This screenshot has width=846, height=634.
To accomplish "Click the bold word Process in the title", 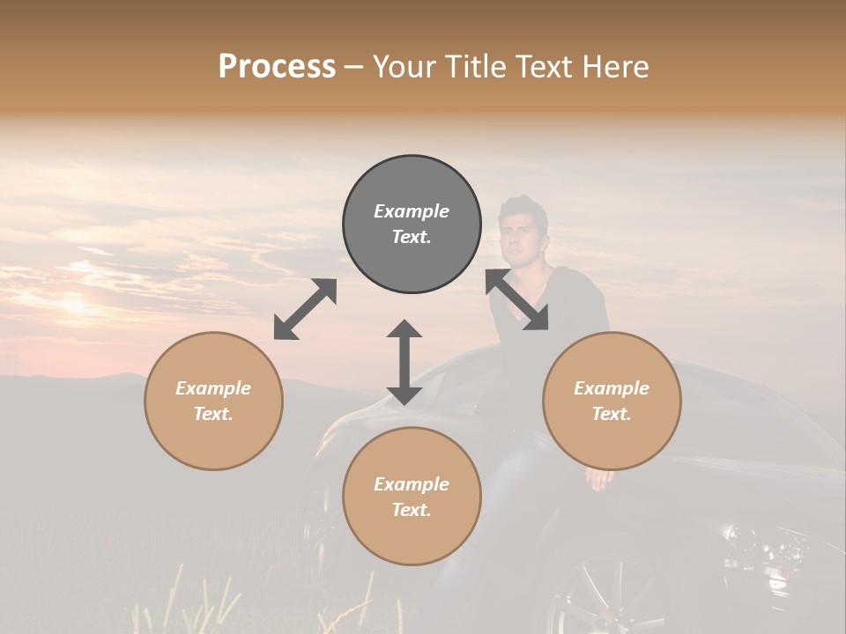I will (277, 67).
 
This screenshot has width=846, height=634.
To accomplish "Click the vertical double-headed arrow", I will (404, 363).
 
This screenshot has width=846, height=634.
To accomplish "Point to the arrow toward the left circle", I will (305, 309).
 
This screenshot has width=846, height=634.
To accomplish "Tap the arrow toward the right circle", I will (517, 300).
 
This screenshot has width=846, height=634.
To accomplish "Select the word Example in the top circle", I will (412, 211).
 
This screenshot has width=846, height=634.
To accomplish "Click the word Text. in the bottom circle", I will (412, 510).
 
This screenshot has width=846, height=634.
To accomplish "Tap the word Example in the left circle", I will (213, 388).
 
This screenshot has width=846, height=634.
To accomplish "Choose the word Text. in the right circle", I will (612, 414).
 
